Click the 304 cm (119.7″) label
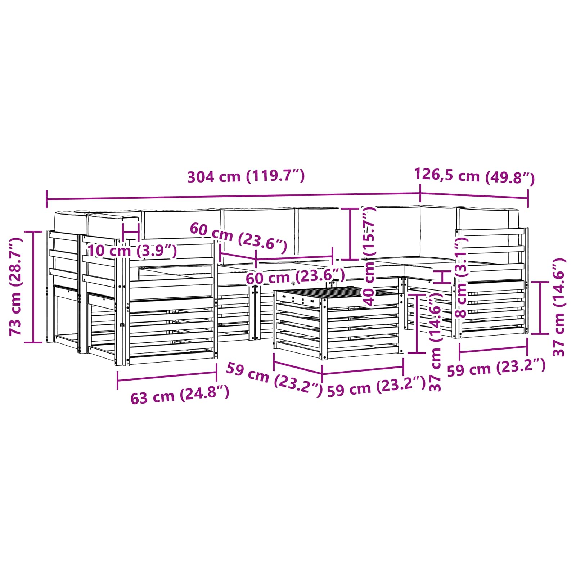point(246,176)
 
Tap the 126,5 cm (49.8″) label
point(474,176)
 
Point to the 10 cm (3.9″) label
point(132,251)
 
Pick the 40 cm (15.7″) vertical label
point(368,256)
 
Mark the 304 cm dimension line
point(234,197)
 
